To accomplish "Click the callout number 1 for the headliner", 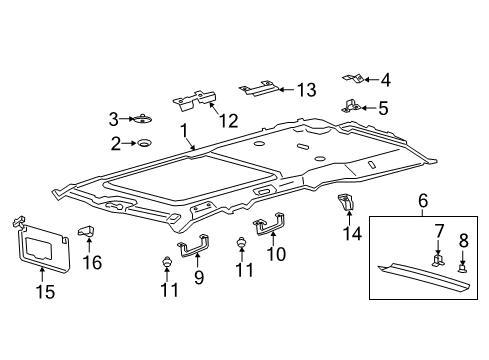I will (182, 129).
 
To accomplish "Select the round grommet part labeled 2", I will (146, 144).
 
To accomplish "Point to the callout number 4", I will (386, 78).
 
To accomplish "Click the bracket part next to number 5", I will (351, 106).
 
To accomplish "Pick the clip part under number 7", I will (437, 260).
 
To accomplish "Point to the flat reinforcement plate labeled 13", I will (256, 91).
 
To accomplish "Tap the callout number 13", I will (305, 90).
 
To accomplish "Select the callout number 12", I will (229, 121).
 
